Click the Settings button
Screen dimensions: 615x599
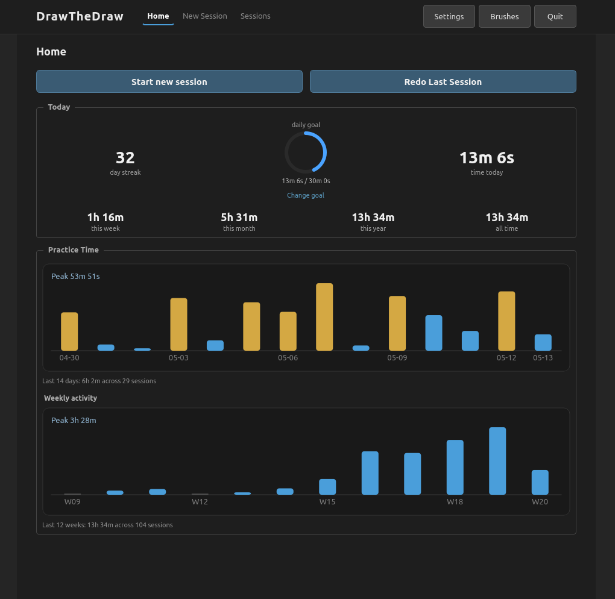449,16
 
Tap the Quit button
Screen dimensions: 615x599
555,16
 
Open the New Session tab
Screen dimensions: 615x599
205,16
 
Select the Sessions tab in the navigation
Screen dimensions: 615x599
255,16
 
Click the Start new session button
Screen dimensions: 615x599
169,81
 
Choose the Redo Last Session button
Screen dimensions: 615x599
443,81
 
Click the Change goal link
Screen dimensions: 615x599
306,195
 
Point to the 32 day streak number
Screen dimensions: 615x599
125,158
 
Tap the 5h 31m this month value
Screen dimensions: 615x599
239,217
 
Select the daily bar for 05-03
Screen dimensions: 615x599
178,324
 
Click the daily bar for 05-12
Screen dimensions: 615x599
506,321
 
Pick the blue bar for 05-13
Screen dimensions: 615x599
543,342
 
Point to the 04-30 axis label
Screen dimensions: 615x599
69,357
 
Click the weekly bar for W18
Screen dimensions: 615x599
455,467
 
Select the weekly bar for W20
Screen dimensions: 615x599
540,482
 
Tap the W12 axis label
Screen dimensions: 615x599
200,502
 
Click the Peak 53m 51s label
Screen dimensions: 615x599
75,277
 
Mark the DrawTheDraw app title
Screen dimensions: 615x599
80,16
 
